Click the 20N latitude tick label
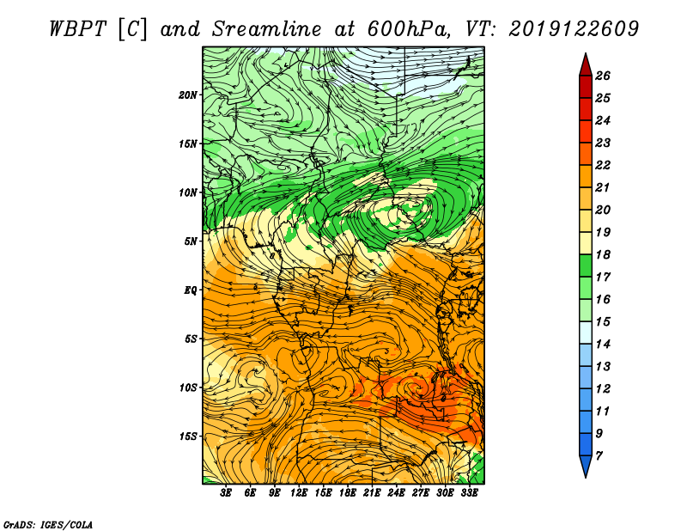[x=188, y=95]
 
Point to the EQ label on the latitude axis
[x=190, y=290]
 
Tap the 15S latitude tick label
[x=188, y=436]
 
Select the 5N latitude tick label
[x=191, y=241]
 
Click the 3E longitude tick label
[x=226, y=493]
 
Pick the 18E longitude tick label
[x=348, y=493]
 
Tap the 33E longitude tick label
[x=469, y=493]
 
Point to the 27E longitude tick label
[x=421, y=493]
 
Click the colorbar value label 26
[x=603, y=76]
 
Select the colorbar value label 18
[x=603, y=254]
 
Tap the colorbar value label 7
[x=599, y=456]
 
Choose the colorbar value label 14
[x=603, y=345]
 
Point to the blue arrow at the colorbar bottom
[x=586, y=465]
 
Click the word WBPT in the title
[x=77, y=30]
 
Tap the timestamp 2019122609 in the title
[x=574, y=30]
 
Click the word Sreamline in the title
[x=266, y=30]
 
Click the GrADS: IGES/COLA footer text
[x=48, y=524]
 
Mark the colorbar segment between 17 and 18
[x=586, y=265]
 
